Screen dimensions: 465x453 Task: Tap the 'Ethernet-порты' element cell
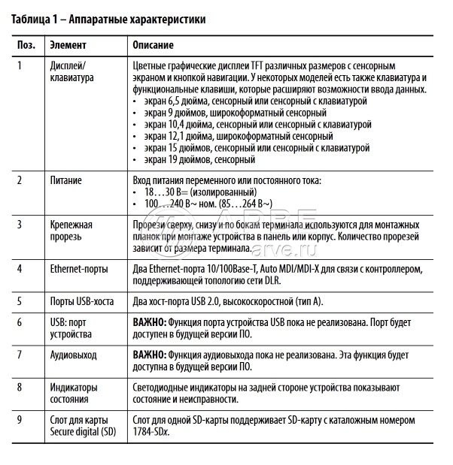click(78, 268)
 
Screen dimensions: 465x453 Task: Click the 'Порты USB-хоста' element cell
click(81, 302)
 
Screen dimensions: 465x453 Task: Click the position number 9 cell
click(20, 419)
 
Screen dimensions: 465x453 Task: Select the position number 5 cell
click(20, 302)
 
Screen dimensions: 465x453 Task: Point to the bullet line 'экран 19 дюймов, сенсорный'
click(199, 159)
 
